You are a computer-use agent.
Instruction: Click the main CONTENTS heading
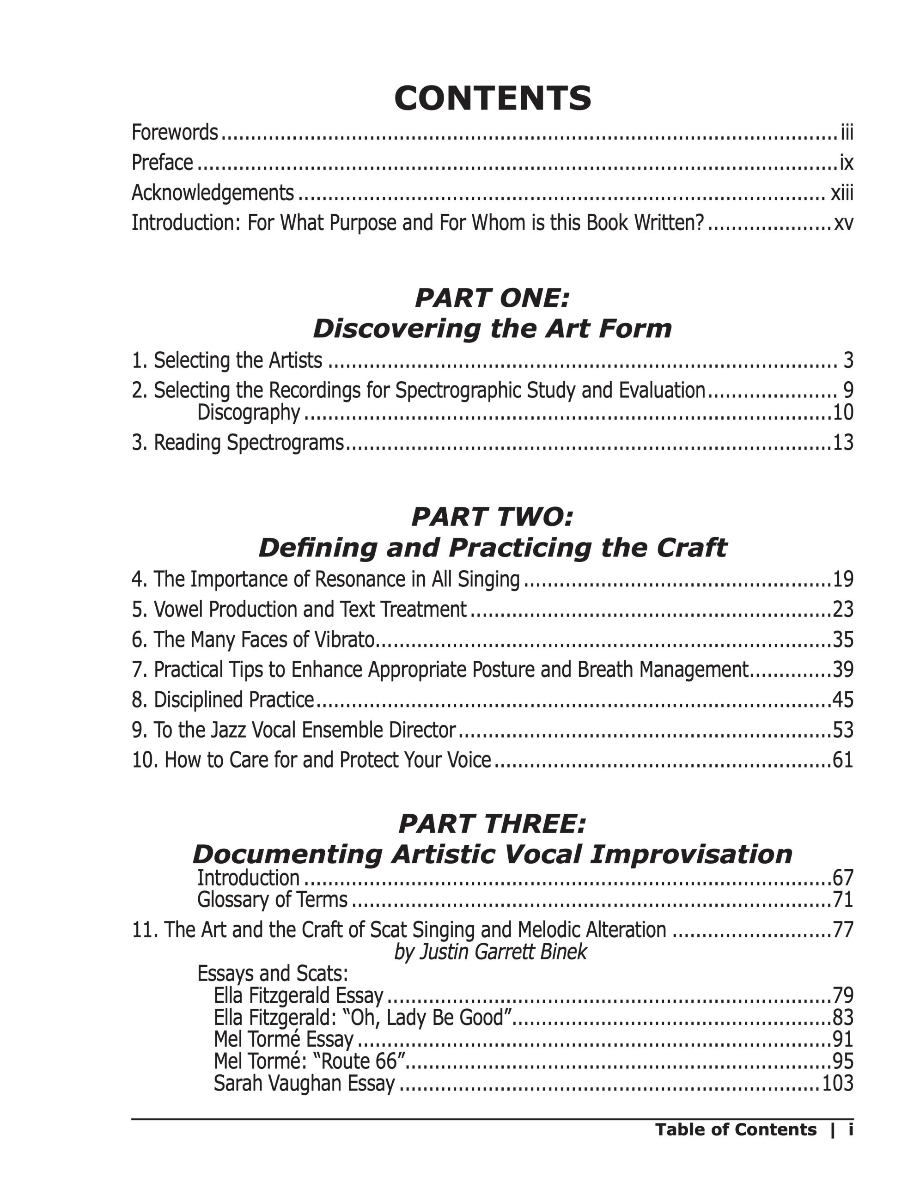[x=492, y=98]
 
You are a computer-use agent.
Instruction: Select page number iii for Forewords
[x=847, y=133]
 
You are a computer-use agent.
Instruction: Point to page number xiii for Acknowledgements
[x=842, y=193]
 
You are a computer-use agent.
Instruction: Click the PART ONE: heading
[x=492, y=298]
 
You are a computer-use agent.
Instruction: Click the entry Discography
[x=249, y=413]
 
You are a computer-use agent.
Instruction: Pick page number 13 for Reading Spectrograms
[x=842, y=443]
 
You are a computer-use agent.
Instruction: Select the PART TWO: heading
[x=492, y=517]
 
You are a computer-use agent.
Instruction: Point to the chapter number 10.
[x=145, y=761]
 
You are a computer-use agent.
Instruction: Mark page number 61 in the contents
[x=842, y=761]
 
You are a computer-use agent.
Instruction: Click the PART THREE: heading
[x=492, y=824]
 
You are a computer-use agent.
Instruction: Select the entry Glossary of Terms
[x=272, y=900]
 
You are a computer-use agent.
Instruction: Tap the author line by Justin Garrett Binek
[x=491, y=951]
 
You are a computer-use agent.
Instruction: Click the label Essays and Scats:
[x=272, y=974]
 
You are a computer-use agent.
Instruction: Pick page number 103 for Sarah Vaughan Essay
[x=838, y=1083]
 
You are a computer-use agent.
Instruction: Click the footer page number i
[x=851, y=1130]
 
